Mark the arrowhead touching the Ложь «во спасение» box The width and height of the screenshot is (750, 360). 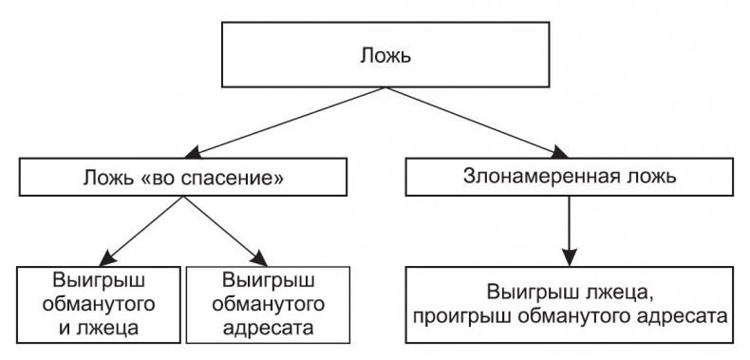[202, 152]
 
